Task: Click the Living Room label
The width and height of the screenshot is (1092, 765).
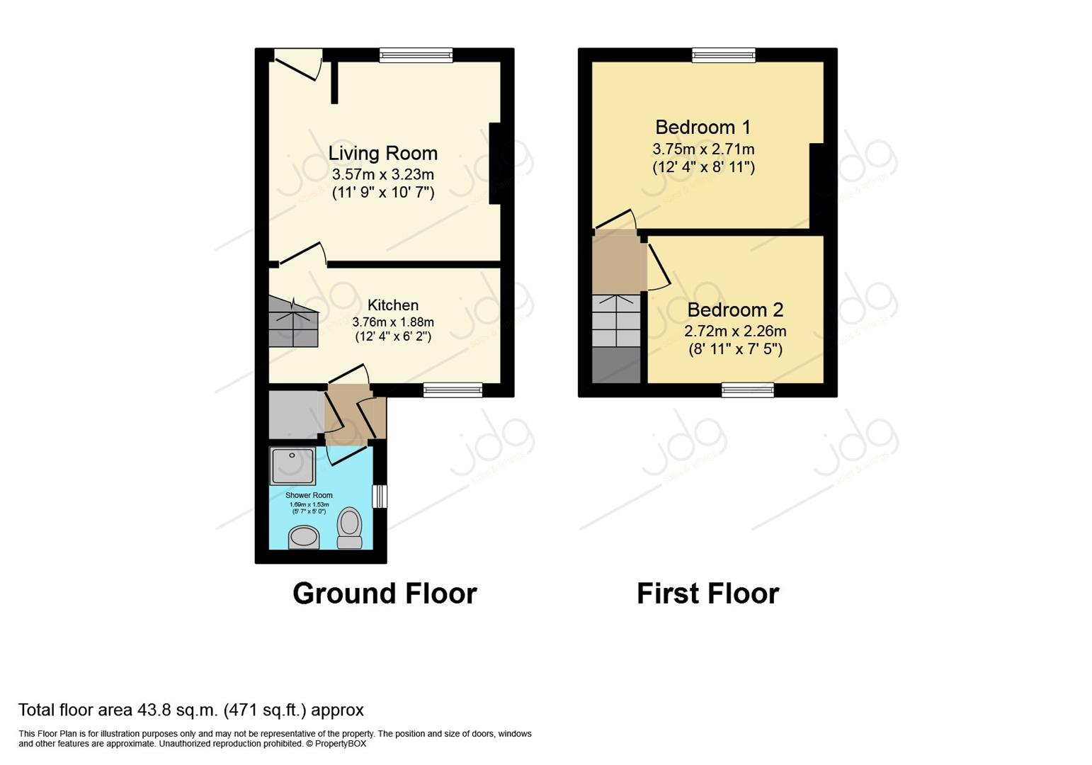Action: point(382,154)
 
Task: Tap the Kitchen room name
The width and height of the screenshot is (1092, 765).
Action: point(392,305)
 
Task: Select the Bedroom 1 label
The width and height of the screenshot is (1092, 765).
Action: point(703,127)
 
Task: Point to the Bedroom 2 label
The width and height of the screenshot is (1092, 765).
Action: point(735,310)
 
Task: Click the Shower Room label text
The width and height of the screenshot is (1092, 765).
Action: point(309,495)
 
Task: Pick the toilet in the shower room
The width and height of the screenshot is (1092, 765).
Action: point(349,528)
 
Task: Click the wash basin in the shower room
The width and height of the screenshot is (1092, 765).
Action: point(304,537)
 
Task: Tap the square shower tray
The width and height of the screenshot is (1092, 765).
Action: point(292,465)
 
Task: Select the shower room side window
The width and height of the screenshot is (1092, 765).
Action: point(380,496)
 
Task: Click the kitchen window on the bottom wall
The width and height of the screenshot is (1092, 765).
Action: point(453,390)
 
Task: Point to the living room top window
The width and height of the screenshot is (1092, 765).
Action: point(416,55)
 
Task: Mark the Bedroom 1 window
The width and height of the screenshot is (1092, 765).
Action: point(723,55)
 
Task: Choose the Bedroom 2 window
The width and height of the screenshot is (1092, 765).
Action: point(748,390)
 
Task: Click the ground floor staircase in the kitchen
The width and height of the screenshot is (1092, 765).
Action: point(292,322)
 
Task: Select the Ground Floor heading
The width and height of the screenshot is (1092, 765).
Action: point(385,594)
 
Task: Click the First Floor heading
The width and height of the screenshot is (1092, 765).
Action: point(707,594)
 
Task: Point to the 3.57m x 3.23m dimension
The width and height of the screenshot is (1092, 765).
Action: point(382,174)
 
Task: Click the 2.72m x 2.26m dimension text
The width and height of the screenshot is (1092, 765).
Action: point(735,331)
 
